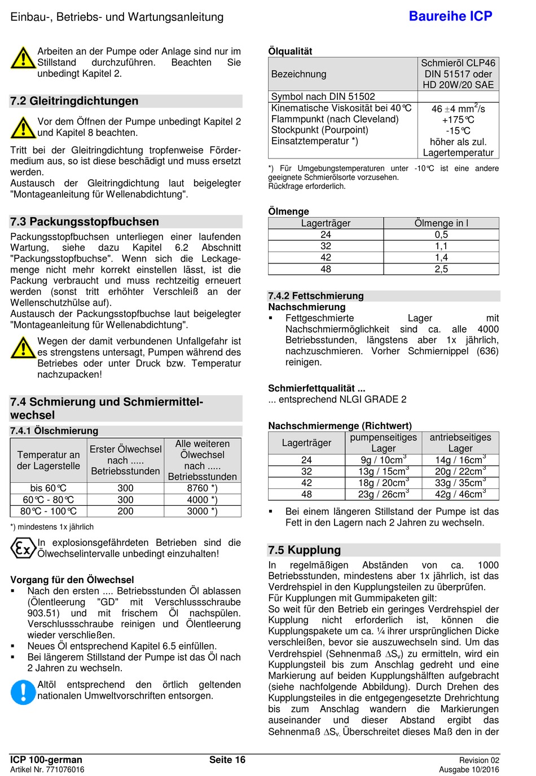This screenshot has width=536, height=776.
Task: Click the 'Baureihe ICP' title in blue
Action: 450,16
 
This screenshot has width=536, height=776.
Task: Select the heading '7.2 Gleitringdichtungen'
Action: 74,101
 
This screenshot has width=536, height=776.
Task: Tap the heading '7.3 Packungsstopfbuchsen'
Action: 85,222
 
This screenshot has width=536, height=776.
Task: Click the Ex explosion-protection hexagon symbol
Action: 23,548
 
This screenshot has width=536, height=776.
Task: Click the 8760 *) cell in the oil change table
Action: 202,488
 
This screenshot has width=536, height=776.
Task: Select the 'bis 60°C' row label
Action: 49,488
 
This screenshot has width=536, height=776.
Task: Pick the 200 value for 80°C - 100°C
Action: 125,512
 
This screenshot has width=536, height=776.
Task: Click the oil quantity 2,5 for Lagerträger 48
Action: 441,270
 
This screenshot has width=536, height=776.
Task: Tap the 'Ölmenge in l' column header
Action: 441,223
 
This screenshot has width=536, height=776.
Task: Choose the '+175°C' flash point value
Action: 458,120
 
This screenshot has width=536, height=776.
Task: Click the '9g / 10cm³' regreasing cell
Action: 383,460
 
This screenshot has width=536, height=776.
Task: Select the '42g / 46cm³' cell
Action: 460,495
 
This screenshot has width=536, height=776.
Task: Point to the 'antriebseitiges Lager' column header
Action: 460,443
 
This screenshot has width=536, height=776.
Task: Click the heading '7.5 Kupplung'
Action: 305,550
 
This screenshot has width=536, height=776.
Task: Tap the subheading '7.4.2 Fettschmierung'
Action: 316,296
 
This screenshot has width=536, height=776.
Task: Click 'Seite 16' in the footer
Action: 227,760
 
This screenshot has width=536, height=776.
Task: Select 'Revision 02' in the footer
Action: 479,760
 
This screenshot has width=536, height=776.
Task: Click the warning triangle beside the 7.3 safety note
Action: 23,347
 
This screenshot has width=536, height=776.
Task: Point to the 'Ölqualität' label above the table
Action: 290,51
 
